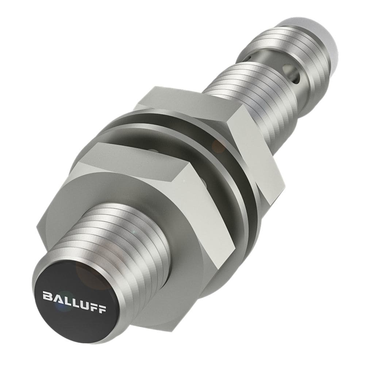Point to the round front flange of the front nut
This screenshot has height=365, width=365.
coord(182,277)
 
